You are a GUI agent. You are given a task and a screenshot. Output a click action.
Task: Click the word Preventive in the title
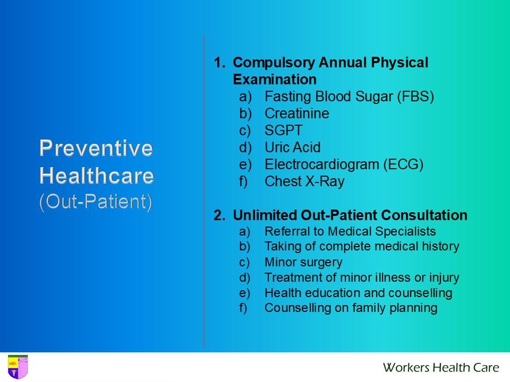[x=96, y=148]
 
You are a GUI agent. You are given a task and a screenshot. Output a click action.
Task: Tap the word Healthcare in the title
[x=97, y=175]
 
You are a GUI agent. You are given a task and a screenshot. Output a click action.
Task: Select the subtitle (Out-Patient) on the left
[x=96, y=202]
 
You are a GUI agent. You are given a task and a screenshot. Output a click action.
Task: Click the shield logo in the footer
[x=18, y=367]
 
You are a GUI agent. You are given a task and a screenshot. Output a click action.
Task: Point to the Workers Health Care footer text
[x=440, y=367]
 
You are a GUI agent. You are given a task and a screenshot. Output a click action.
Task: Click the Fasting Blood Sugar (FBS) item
[x=349, y=97]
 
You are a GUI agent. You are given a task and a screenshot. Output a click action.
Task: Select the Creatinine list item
[x=296, y=114]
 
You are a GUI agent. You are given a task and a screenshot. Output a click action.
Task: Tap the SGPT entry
[x=283, y=131]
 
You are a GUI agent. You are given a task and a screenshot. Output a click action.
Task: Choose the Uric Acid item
[x=292, y=147]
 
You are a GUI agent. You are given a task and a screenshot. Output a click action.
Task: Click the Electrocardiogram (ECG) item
[x=344, y=164]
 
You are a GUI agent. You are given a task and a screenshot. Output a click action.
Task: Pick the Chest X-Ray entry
[x=304, y=181]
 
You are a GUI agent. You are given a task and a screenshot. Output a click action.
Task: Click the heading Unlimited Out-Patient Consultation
[x=350, y=215]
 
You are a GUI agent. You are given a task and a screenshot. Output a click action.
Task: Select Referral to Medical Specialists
[x=350, y=231]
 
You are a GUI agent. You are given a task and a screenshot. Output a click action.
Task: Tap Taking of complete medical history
[x=362, y=246]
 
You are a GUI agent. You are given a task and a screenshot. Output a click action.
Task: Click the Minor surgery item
[x=303, y=262]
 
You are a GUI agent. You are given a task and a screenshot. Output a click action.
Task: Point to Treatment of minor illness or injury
[x=362, y=277]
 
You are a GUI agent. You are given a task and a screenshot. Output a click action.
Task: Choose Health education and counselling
[x=358, y=293]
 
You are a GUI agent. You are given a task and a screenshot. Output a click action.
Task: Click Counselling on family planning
[x=351, y=308]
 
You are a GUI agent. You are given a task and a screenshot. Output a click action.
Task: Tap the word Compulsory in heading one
[x=274, y=63]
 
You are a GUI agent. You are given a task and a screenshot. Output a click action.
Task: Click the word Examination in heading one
[x=275, y=80]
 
